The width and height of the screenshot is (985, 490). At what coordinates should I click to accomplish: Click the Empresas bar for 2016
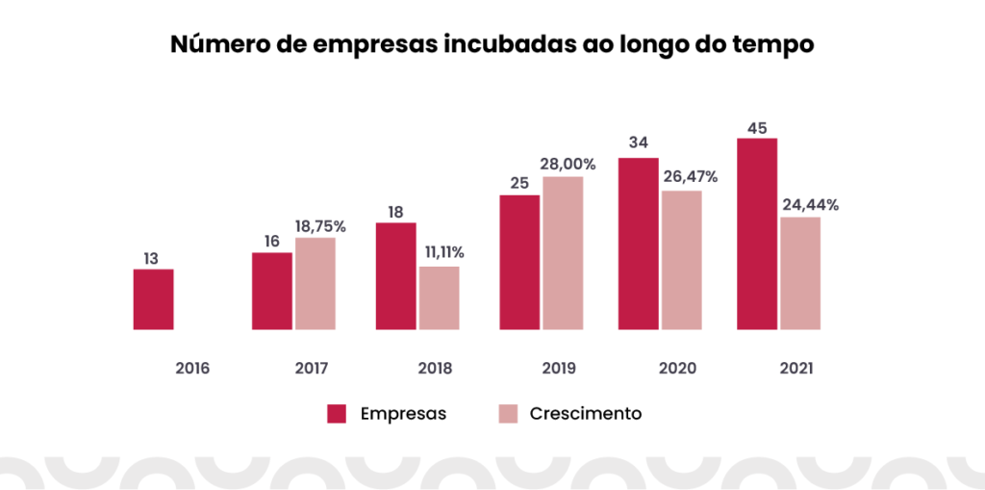tap(153, 299)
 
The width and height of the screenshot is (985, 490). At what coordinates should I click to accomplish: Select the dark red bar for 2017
tap(271, 291)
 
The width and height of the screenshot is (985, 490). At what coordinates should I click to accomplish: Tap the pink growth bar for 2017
tap(316, 283)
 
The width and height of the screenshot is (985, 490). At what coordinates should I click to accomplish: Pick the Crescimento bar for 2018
tap(440, 297)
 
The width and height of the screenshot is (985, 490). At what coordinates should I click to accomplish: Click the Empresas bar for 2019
tap(519, 262)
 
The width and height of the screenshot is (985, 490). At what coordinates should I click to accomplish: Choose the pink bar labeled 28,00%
tap(563, 252)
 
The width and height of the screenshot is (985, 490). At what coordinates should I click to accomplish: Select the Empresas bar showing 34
tap(638, 244)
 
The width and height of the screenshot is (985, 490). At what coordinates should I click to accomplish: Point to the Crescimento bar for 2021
tap(800, 272)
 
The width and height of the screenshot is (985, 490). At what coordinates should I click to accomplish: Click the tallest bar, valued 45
tap(757, 234)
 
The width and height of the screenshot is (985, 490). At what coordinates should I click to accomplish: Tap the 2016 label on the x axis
tap(191, 369)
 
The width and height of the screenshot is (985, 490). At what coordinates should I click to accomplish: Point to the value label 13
tap(151, 258)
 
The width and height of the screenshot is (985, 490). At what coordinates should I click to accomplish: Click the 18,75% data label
tap(319, 227)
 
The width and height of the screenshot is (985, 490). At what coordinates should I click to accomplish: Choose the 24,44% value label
tap(811, 205)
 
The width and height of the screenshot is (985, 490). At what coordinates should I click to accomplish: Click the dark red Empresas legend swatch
tap(337, 414)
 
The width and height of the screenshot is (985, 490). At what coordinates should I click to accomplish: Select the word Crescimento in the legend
tap(585, 414)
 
